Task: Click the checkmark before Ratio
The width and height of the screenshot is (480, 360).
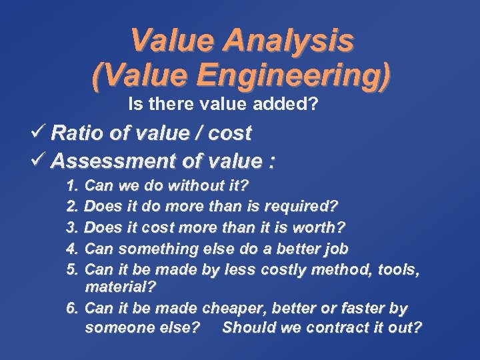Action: [38, 133]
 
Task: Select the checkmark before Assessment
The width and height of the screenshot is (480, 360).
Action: [38, 161]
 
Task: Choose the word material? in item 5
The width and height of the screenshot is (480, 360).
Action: [119, 287]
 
